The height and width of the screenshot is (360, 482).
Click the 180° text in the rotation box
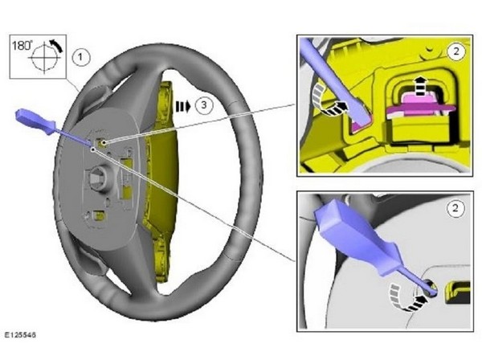22,46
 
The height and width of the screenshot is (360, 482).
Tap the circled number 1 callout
81,57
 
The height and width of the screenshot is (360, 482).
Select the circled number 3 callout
203,105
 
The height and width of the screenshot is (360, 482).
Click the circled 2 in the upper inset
456,51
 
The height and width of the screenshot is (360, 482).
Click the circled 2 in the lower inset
455,208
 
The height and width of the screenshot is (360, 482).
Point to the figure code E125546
20,334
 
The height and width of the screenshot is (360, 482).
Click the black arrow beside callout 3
183,106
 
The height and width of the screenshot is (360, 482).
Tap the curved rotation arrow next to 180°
56,45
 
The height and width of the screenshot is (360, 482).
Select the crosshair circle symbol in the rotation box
44,58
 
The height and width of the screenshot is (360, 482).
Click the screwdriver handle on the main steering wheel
35,122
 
